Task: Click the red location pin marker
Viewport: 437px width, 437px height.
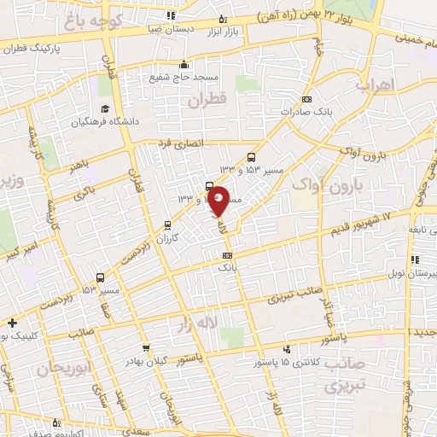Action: pos(218,200)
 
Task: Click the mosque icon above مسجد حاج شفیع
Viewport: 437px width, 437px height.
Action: pos(184,64)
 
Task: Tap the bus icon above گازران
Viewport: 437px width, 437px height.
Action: pos(167,225)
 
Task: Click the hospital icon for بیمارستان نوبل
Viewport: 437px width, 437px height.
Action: pos(414,259)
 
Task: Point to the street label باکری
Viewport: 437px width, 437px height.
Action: pos(84,195)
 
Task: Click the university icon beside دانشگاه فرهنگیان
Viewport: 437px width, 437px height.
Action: pos(104,109)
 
